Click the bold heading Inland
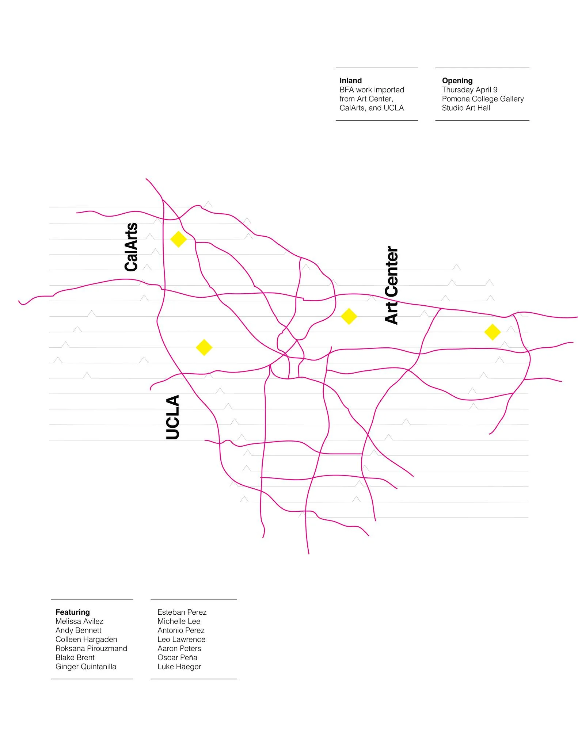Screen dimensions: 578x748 (x=350, y=81)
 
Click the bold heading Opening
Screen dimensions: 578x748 (x=457, y=81)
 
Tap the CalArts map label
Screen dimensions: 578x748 (x=131, y=247)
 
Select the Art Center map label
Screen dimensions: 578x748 (x=392, y=285)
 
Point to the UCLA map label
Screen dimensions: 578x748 (x=173, y=417)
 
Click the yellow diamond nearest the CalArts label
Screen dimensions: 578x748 (x=178, y=239)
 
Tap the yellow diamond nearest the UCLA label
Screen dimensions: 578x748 (x=204, y=347)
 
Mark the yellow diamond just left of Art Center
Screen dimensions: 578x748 (x=349, y=316)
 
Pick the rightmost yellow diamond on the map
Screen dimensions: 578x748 (x=492, y=332)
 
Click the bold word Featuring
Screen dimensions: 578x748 (x=72, y=612)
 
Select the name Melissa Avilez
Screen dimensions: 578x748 (x=79, y=621)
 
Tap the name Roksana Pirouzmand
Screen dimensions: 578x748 (x=91, y=648)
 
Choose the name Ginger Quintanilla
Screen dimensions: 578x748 (x=86, y=667)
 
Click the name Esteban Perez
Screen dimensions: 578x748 (x=182, y=612)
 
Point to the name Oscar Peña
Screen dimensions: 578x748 (x=177, y=657)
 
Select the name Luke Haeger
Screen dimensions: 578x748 (x=179, y=667)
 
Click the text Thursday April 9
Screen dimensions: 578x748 (x=469, y=90)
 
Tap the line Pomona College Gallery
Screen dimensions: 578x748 (x=483, y=99)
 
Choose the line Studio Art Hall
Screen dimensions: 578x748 (x=466, y=108)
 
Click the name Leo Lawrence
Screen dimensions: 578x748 (x=181, y=639)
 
